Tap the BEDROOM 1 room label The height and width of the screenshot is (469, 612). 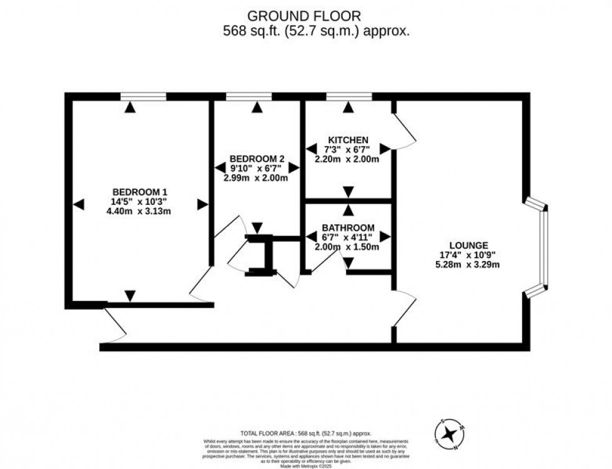[x=139, y=192]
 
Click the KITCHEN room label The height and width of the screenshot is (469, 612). [x=348, y=139]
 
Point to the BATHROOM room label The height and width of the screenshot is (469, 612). [x=348, y=227]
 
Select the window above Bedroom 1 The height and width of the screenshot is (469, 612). [x=144, y=96]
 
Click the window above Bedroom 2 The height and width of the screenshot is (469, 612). [x=249, y=96]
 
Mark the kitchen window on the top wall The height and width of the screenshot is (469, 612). [x=348, y=96]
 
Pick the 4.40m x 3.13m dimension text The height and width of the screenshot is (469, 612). [x=139, y=211]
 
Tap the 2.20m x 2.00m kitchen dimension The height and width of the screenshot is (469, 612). [x=348, y=159]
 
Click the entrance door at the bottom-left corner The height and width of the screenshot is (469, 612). [x=112, y=325]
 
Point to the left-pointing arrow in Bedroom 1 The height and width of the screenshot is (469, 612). [x=77, y=204]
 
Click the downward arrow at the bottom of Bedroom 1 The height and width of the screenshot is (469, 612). [x=129, y=295]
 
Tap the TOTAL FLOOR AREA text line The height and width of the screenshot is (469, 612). [x=306, y=433]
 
